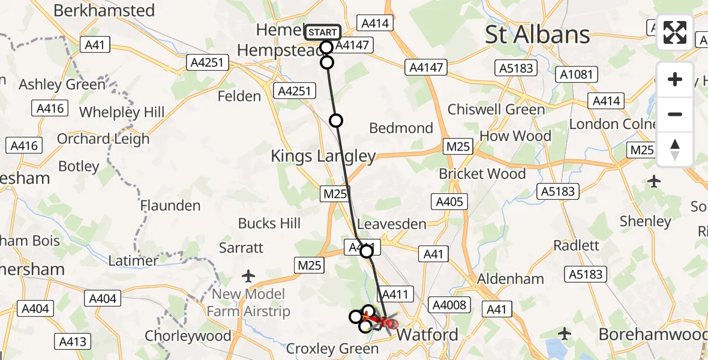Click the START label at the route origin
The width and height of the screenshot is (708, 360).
[x=323, y=32]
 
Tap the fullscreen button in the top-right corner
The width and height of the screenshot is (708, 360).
[x=675, y=32]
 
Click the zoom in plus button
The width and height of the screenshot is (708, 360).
[x=675, y=79]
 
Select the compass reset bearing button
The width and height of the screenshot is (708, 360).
[x=675, y=149]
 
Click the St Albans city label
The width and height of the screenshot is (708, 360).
[x=538, y=35]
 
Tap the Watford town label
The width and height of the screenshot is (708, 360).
[x=428, y=334]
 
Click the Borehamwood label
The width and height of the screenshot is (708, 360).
[x=653, y=334]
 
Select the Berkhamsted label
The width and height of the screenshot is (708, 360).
[x=104, y=10]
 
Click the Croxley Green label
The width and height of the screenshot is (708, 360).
[x=325, y=349]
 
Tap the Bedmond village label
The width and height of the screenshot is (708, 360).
[x=401, y=128]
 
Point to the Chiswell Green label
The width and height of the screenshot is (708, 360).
[x=496, y=109]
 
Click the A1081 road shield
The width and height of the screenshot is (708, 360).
[x=577, y=74]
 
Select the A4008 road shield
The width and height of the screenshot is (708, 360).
[x=449, y=305]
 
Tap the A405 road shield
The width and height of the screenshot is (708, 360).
[x=449, y=202]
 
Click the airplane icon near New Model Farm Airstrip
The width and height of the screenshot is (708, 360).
[x=248, y=276]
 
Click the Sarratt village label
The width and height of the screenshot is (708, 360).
[x=241, y=247]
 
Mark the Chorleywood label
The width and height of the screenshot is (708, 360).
[x=188, y=336]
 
